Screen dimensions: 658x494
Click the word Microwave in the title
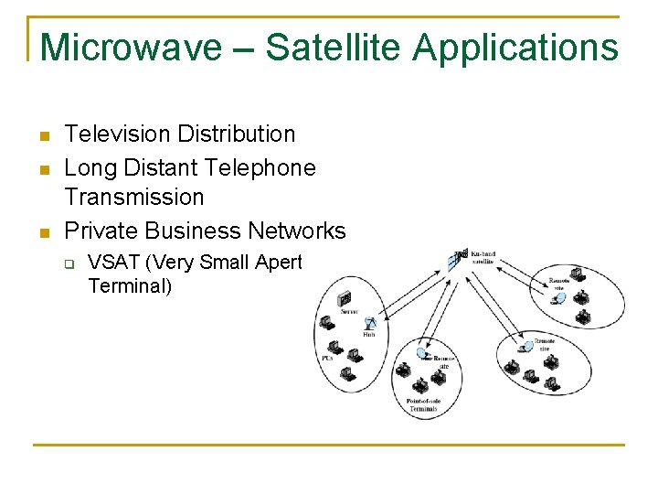point(132,46)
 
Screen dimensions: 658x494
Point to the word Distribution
point(237,134)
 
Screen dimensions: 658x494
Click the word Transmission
point(134,197)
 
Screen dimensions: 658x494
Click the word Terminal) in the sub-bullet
point(131,285)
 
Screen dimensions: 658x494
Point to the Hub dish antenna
point(370,323)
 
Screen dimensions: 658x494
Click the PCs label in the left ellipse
point(326,359)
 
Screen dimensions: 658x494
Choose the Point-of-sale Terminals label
point(422,405)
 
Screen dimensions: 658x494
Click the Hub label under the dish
point(369,336)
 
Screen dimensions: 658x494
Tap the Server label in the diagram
point(348,312)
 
